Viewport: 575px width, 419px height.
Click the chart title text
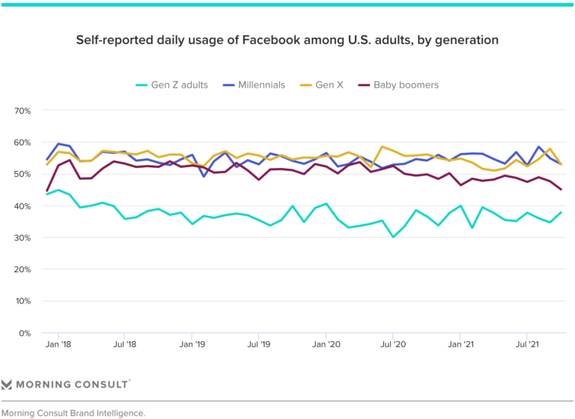click(x=287, y=39)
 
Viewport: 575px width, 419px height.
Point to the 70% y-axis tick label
click(x=22, y=111)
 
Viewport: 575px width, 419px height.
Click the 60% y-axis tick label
click(x=22, y=142)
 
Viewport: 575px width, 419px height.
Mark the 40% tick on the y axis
click(x=22, y=206)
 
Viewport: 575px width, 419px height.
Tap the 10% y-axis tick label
click(x=22, y=301)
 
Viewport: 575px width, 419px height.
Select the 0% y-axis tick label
click(x=24, y=333)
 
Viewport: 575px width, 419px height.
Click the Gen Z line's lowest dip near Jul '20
click(x=393, y=237)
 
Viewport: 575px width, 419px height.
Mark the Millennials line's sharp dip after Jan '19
click(x=203, y=176)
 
